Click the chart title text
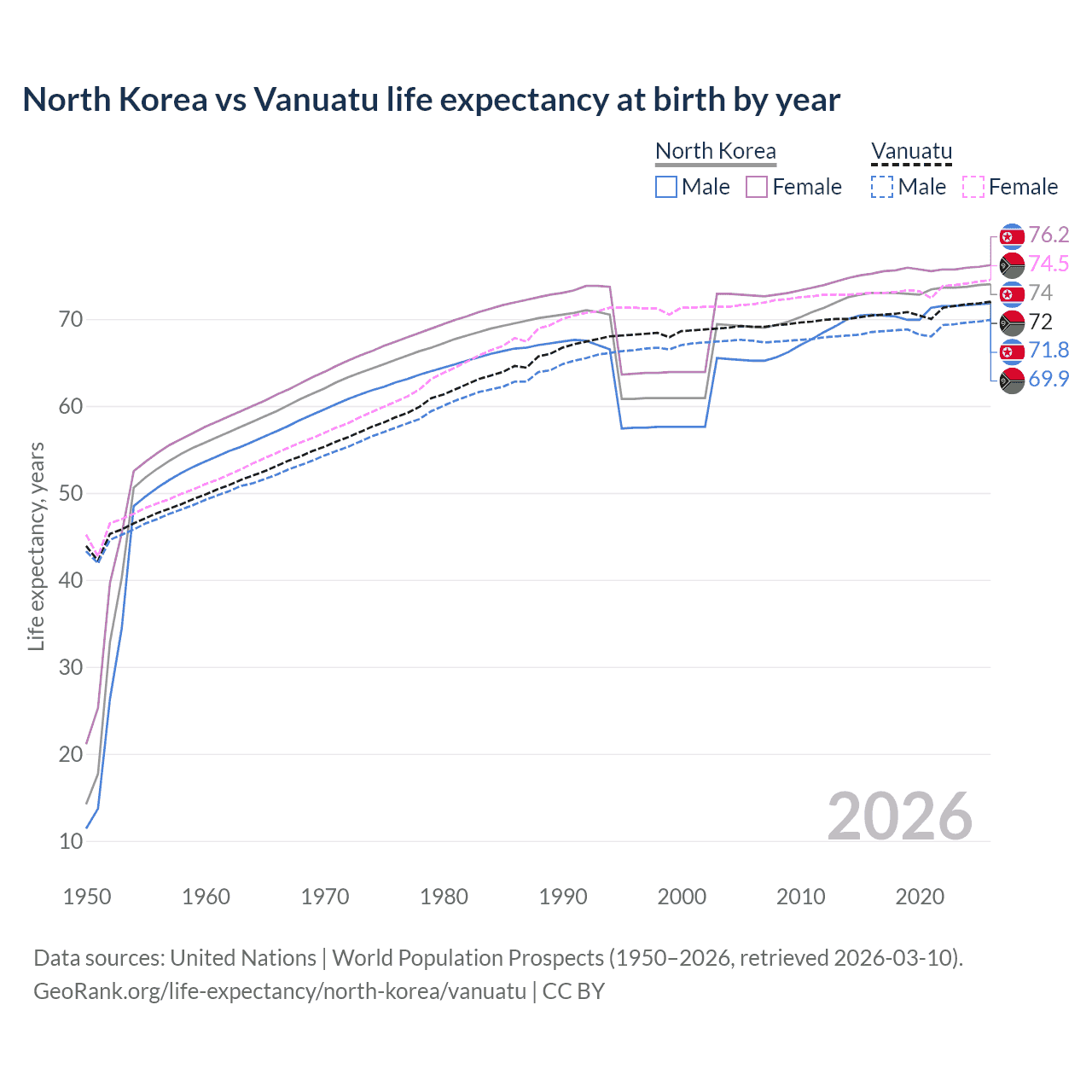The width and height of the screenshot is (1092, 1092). click(x=431, y=100)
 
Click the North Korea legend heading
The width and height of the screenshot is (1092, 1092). click(x=715, y=151)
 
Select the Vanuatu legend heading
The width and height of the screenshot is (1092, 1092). click(x=911, y=151)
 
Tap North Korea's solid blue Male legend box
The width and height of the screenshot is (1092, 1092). click(x=666, y=187)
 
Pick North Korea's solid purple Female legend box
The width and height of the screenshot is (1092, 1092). click(x=757, y=187)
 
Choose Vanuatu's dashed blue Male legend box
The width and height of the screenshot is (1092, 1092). click(x=882, y=187)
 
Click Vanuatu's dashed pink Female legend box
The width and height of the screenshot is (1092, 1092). click(x=973, y=187)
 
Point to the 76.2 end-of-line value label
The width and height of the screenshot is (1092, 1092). click(x=1048, y=235)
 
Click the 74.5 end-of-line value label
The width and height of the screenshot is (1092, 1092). click(x=1048, y=264)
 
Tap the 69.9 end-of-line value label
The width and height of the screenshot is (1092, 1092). click(x=1048, y=380)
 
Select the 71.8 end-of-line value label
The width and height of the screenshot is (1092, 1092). click(x=1048, y=351)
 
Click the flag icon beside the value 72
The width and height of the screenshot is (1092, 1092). click(x=1012, y=322)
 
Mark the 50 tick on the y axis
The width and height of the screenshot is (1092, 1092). click(x=71, y=493)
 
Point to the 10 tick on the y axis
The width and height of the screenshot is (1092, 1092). click(x=71, y=841)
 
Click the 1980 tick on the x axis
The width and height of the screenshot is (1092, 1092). click(x=444, y=897)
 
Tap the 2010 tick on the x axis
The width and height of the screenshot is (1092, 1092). click(x=800, y=897)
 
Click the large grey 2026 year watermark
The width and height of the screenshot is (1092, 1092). click(x=899, y=816)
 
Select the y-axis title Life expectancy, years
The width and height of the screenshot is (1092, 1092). click(x=36, y=546)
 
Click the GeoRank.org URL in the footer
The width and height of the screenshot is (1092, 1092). click(x=280, y=991)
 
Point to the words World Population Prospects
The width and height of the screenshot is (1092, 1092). click(x=468, y=958)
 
